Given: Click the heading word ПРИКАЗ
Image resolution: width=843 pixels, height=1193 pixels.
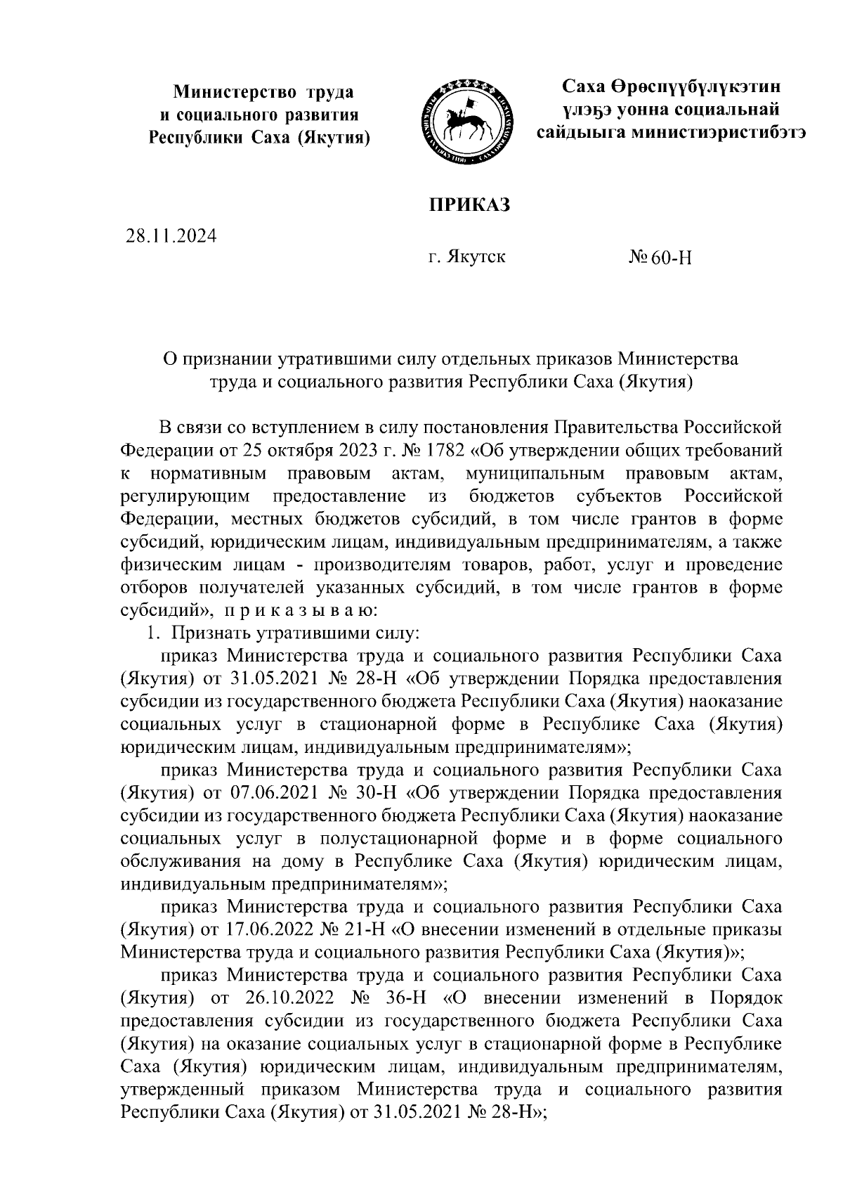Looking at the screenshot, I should [469, 205].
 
